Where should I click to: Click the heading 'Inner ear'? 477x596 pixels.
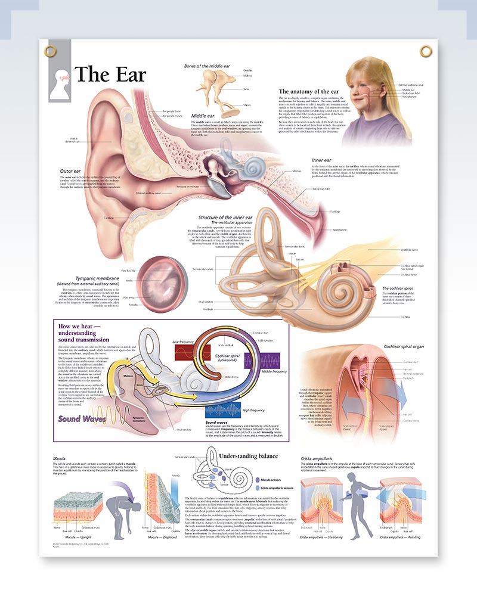[x=323, y=160]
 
